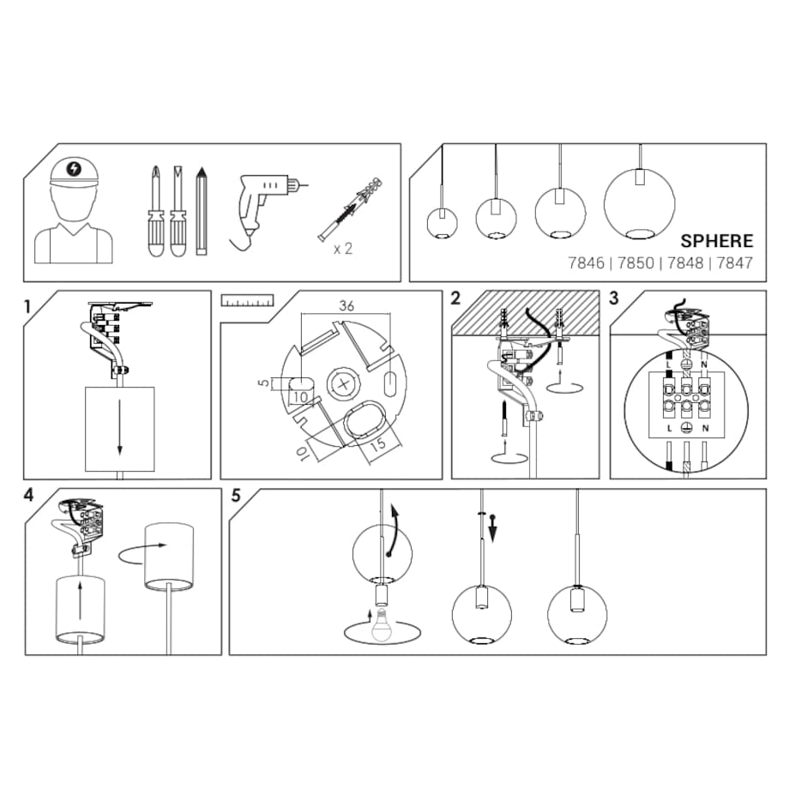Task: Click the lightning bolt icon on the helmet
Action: click(x=74, y=169)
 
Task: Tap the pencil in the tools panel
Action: click(x=202, y=211)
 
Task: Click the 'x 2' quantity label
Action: click(x=343, y=249)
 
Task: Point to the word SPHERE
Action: click(x=717, y=241)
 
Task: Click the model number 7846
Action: click(x=587, y=263)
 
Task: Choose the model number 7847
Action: click(x=735, y=263)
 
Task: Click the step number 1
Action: click(x=28, y=306)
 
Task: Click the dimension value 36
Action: click(x=346, y=305)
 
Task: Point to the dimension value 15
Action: click(x=378, y=444)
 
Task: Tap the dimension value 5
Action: click(x=263, y=383)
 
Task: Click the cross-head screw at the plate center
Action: click(x=344, y=385)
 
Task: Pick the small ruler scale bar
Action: click(x=247, y=300)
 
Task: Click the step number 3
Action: click(x=613, y=298)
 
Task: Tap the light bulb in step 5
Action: click(x=382, y=624)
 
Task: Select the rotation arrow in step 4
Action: click(x=141, y=553)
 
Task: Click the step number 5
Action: click(x=236, y=496)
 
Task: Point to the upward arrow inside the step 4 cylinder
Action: click(x=80, y=601)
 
